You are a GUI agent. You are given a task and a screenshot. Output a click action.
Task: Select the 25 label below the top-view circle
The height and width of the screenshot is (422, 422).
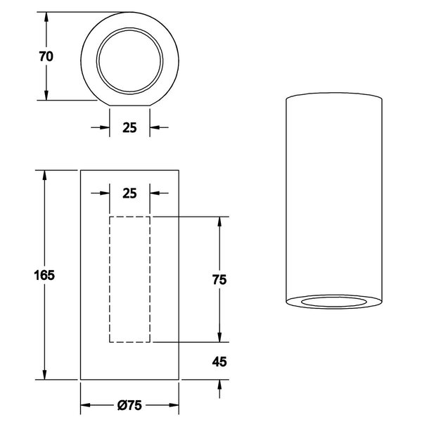pyautogui.click(x=130, y=127)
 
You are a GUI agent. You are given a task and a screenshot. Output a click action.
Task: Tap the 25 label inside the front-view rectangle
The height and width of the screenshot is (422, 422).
pyautogui.click(x=130, y=192)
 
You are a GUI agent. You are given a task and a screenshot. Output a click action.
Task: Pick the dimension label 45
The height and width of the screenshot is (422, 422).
pyautogui.click(x=219, y=362)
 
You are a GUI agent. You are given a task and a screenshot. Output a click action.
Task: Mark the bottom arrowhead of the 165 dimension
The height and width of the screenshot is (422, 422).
pyautogui.click(x=46, y=375)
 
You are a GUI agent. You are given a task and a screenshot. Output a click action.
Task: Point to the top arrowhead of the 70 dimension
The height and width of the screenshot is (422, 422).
pyautogui.click(x=46, y=18)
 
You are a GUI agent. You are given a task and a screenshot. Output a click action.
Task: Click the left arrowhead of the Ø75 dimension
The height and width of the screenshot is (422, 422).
pyautogui.click(x=86, y=405)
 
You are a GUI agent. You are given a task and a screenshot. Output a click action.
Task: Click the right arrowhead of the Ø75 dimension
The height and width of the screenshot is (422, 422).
pyautogui.click(x=175, y=405)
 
